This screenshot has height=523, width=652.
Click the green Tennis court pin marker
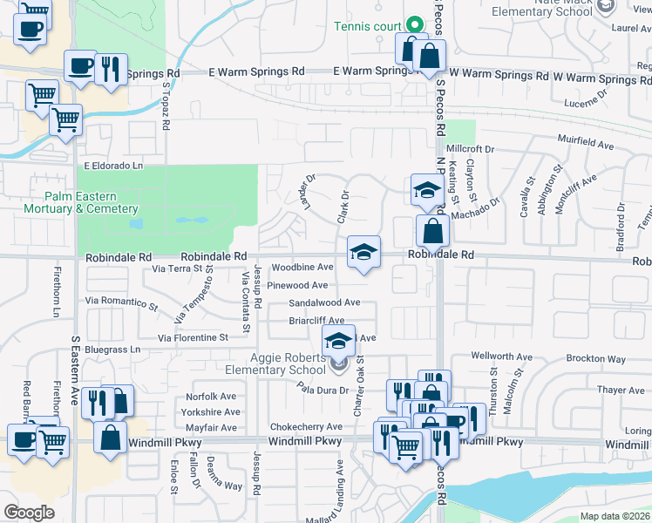416,24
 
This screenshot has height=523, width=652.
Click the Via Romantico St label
121,302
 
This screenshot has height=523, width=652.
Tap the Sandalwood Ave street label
325,302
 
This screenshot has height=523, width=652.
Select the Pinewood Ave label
297,285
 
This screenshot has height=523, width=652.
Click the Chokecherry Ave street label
306,426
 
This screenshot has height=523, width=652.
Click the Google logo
29,512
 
